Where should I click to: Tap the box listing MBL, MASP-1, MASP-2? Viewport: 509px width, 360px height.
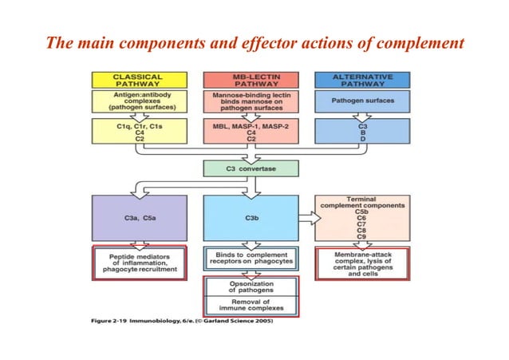click(x=251, y=132)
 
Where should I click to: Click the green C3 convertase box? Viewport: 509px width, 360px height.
click(x=251, y=168)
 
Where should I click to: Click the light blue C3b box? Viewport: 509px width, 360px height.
click(x=251, y=216)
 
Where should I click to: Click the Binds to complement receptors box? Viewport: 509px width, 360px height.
click(x=251, y=257)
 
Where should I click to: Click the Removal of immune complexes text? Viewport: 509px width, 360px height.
click(x=251, y=304)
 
